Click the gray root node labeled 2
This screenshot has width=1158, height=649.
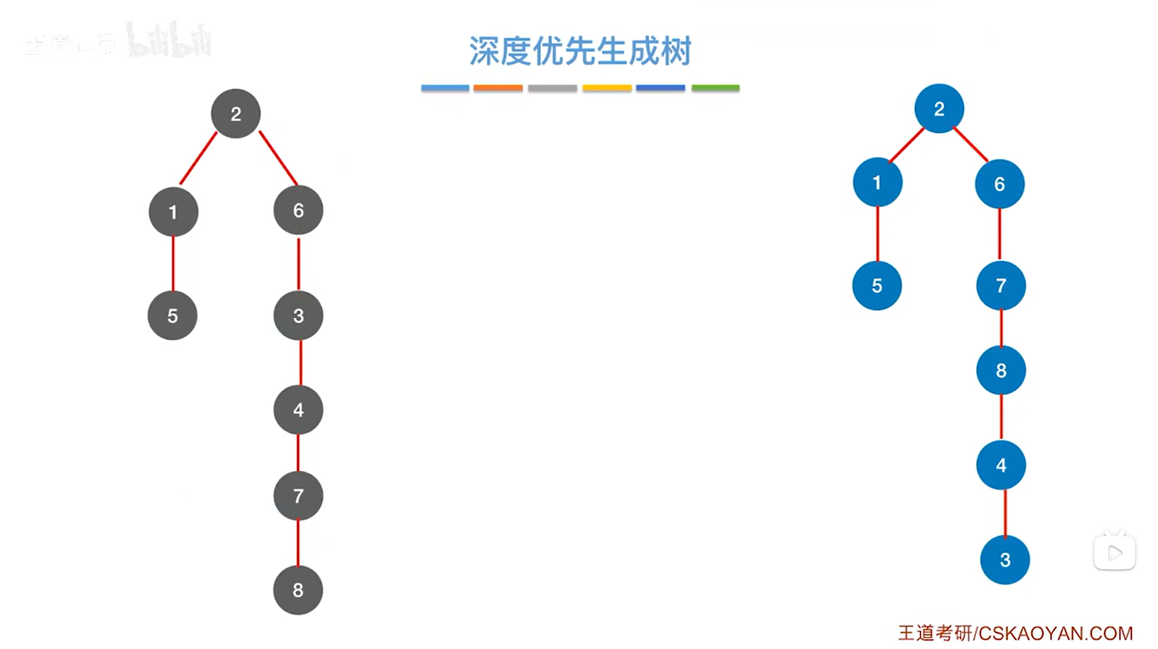[x=235, y=114]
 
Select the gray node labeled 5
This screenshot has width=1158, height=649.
[x=173, y=315]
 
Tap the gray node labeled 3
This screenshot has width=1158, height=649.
[x=298, y=315]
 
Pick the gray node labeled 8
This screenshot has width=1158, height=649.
[x=298, y=590]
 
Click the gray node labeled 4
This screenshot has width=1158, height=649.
[x=298, y=410]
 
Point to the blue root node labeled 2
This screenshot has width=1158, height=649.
[x=939, y=109]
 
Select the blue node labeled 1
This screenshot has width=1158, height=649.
[x=877, y=183]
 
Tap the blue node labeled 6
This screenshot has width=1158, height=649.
[x=999, y=184]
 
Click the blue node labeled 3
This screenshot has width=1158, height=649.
[x=1005, y=560]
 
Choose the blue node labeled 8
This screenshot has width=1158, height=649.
[x=1001, y=370]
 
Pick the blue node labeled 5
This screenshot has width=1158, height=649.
[x=877, y=286]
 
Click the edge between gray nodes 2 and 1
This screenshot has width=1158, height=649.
[x=198, y=158]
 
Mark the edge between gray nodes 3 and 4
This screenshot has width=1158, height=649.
[x=301, y=362]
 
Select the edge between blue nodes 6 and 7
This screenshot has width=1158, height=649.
[x=1000, y=234]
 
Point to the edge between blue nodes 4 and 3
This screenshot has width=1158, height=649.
[x=1005, y=513]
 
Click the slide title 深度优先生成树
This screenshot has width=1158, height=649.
[x=580, y=51]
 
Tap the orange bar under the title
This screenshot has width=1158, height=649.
[x=498, y=88]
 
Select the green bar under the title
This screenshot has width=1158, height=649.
[x=715, y=88]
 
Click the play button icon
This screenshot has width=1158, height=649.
[x=1115, y=553]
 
